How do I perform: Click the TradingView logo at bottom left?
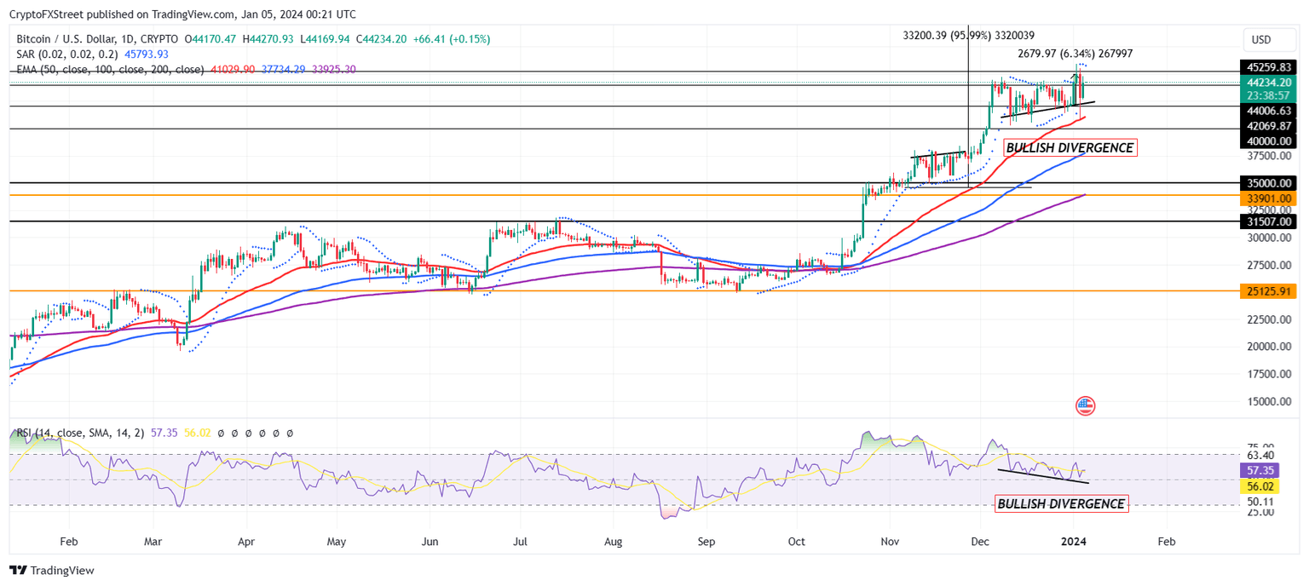[52, 571]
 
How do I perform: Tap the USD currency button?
[1260, 39]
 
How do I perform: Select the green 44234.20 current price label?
[1268, 83]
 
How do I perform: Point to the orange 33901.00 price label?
[1268, 198]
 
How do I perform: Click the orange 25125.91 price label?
[1268, 291]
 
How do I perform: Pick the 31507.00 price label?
[1268, 221]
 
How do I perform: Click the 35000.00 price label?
[1268, 183]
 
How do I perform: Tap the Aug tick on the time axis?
[614, 541]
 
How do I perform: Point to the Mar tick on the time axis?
[153, 541]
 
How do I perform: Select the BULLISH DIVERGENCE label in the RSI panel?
[1060, 504]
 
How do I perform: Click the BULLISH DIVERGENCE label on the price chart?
[1070, 148]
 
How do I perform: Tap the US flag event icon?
[1085, 405]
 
